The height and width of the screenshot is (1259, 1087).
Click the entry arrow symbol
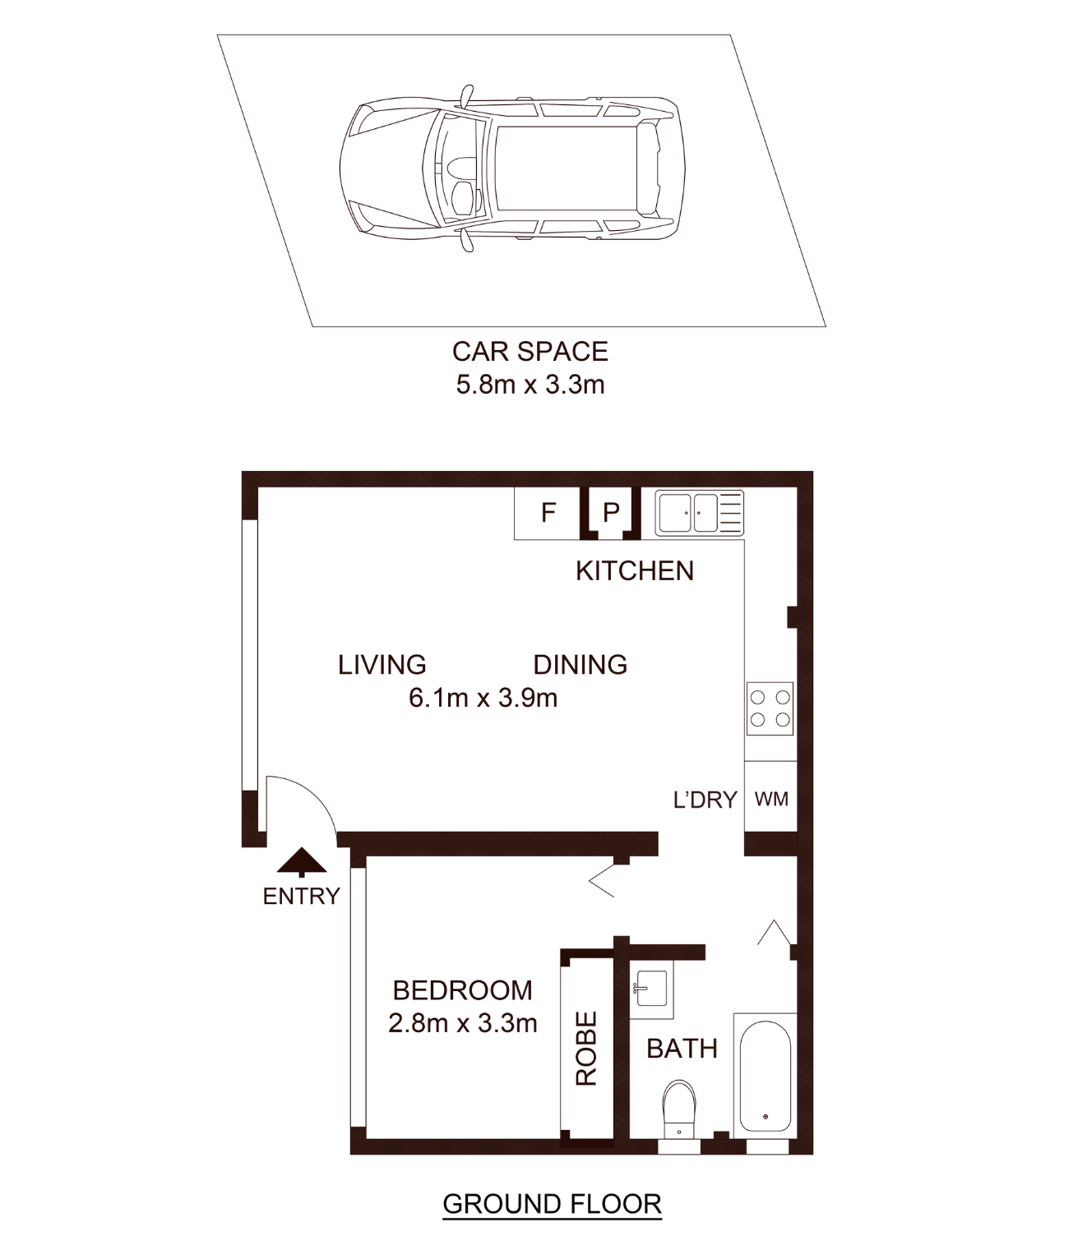302,862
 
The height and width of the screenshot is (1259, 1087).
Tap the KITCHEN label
635,571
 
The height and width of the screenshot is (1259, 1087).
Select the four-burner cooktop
770,708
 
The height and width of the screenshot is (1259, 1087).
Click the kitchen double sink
700,513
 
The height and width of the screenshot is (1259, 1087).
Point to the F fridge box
547,514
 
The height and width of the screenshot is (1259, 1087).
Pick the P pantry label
611,514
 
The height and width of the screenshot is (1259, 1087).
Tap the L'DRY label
705,800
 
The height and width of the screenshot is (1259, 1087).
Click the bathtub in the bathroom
766,1076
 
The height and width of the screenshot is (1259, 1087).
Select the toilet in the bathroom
679,1109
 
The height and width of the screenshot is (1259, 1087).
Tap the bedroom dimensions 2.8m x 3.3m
462,1023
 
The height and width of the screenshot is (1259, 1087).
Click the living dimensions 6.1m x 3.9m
483,698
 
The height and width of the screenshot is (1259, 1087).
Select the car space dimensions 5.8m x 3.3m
530,385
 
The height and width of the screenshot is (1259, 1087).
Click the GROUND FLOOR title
552,1204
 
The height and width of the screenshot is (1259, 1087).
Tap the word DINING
580,665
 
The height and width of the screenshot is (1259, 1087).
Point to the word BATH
682,1049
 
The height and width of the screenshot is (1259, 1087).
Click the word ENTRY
301,896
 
